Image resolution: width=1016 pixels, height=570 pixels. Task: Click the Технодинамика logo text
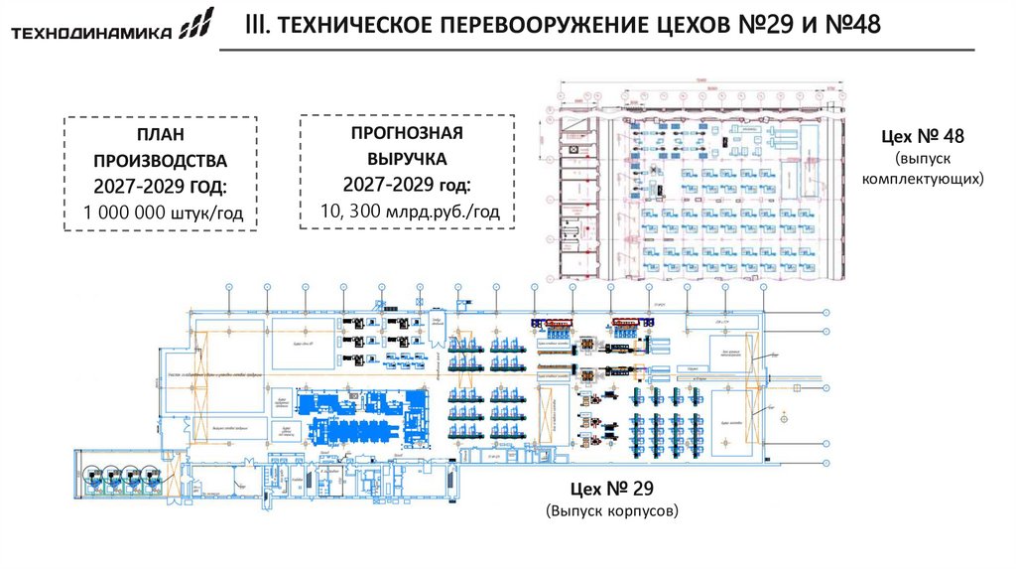[x=90, y=34]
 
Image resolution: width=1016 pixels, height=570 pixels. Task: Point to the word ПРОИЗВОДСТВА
[x=160, y=160]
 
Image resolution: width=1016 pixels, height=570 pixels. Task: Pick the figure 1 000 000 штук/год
[x=163, y=213]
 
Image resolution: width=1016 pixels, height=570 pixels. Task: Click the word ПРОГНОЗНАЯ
[x=407, y=132]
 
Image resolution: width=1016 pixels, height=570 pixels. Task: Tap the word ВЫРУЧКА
[x=407, y=158]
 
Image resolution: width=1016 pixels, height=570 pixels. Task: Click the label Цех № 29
[x=611, y=489]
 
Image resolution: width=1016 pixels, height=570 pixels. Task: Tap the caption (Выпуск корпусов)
[x=611, y=511]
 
